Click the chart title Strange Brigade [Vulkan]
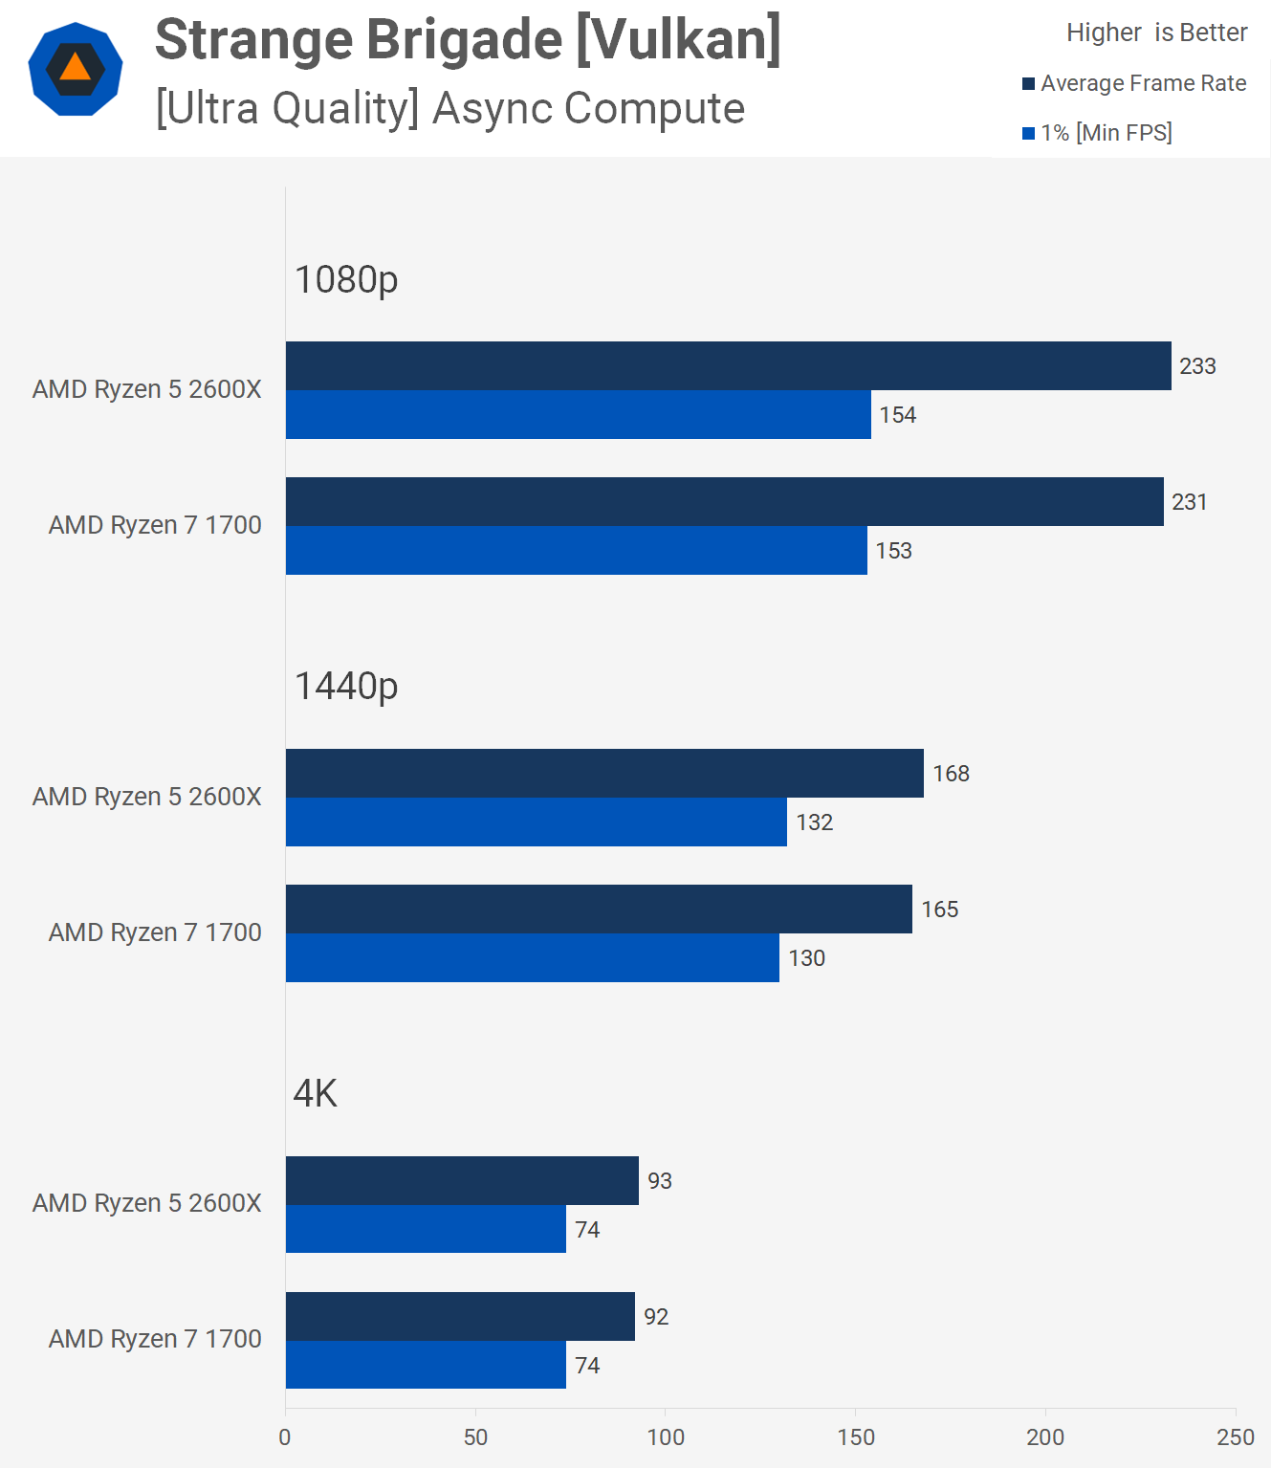pyautogui.click(x=468, y=40)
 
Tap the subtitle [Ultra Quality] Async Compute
pyautogui.click(x=449, y=108)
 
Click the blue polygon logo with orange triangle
pyautogui.click(x=76, y=69)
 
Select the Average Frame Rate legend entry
pyautogui.click(x=1134, y=83)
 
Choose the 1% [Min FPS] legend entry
pyautogui.click(x=1097, y=133)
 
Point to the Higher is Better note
pyautogui.click(x=1156, y=33)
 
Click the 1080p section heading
pyautogui.click(x=345, y=279)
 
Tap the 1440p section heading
pyautogui.click(x=345, y=686)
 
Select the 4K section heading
pyautogui.click(x=316, y=1093)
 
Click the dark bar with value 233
pyautogui.click(x=728, y=365)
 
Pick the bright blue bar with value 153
pyautogui.click(x=576, y=550)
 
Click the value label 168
pyautogui.click(x=951, y=774)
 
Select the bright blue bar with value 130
pyautogui.click(x=532, y=957)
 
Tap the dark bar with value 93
pyautogui.click(x=462, y=1180)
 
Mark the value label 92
pyautogui.click(x=656, y=1317)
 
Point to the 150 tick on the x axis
pyautogui.click(x=856, y=1436)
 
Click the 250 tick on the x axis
pyautogui.click(x=1235, y=1436)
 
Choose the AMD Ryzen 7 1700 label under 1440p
pyautogui.click(x=155, y=932)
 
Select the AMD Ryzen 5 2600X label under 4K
pyautogui.click(x=147, y=1203)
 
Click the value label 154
pyautogui.click(x=897, y=415)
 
